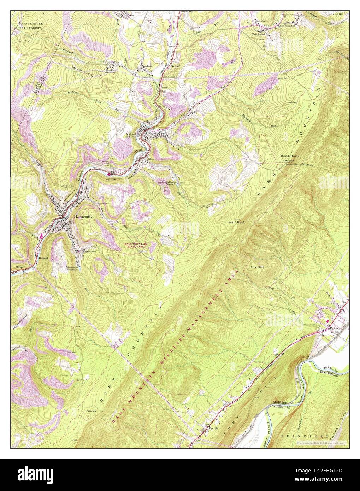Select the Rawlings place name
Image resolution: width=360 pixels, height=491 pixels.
pos(336,328)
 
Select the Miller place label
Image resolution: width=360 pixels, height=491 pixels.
pos(194,112)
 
